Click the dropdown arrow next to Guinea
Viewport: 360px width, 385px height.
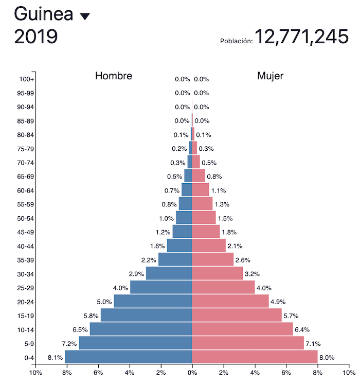(x=85, y=16)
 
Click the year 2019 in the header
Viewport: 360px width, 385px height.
(x=36, y=37)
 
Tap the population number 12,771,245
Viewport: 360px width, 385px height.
(x=301, y=37)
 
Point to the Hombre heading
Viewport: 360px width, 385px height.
(x=114, y=76)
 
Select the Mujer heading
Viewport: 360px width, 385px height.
(x=271, y=76)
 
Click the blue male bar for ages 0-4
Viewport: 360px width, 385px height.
(x=128, y=357)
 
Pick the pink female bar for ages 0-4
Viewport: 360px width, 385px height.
(x=255, y=357)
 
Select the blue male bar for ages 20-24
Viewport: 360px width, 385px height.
(x=153, y=301)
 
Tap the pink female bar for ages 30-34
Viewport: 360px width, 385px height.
(x=217, y=273)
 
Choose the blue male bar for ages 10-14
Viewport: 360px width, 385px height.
(x=141, y=329)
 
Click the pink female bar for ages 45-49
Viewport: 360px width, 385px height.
(x=206, y=232)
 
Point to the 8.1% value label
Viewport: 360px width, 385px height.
(x=55, y=357)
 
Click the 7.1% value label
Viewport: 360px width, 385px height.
(x=314, y=343)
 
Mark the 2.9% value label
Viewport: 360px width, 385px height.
(x=136, y=274)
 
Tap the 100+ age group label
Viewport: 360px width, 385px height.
(x=27, y=79)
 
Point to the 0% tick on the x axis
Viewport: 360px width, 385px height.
(x=192, y=373)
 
